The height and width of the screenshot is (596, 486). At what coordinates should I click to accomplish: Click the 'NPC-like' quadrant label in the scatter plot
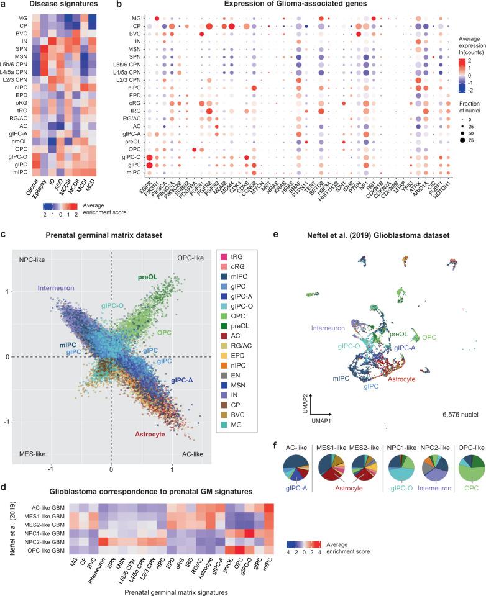[35, 241]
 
